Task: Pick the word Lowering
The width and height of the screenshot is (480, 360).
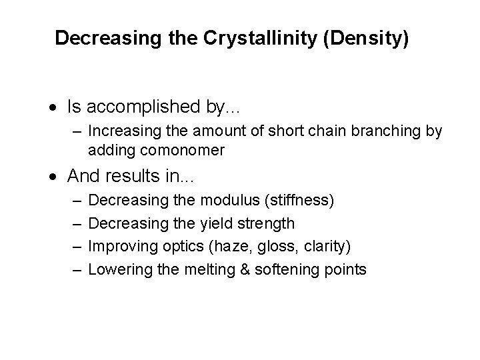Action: (x=117, y=269)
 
